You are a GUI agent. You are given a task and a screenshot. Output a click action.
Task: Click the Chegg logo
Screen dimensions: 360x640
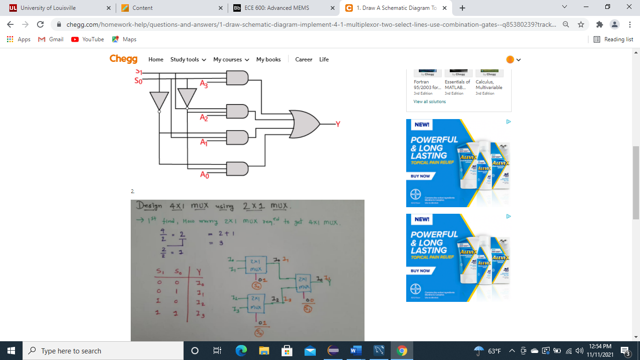[123, 59]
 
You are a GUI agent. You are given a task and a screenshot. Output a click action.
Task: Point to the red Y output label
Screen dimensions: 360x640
[337, 124]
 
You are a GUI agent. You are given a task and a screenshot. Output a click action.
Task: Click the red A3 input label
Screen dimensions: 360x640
[204, 84]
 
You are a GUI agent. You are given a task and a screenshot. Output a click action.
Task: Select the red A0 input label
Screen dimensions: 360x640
[204, 175]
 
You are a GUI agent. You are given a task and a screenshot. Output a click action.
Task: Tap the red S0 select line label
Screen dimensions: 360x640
[138, 81]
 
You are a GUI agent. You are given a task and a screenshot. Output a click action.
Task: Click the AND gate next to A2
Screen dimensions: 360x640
[237, 111]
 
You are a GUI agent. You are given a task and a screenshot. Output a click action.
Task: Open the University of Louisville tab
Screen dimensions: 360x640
[48, 8]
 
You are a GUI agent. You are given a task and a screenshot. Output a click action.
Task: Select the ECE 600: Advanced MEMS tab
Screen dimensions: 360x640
[276, 8]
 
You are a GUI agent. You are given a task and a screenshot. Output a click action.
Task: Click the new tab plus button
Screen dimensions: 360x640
[462, 8]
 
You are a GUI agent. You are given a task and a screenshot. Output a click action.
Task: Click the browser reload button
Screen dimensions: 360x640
[40, 24]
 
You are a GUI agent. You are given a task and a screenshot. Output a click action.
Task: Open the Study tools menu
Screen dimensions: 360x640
[188, 60]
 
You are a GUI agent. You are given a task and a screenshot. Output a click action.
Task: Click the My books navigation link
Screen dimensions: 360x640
[268, 60]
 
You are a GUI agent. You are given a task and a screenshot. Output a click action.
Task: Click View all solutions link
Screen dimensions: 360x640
[430, 102]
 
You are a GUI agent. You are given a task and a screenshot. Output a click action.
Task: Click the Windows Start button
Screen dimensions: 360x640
[11, 351]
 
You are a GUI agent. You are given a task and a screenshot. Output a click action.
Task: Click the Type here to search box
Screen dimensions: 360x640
[103, 351]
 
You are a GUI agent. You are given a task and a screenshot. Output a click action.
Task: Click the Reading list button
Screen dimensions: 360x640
[613, 39]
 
